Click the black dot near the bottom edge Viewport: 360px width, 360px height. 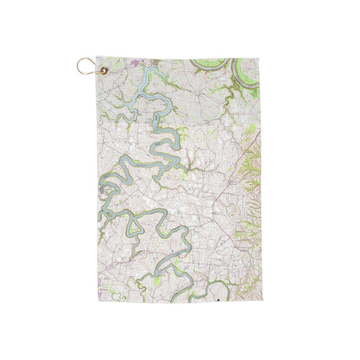coord(219,297)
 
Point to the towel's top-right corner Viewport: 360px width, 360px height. coord(259,59)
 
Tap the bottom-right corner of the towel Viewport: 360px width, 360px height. coord(260,301)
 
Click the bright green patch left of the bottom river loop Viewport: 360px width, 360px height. coord(157,278)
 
